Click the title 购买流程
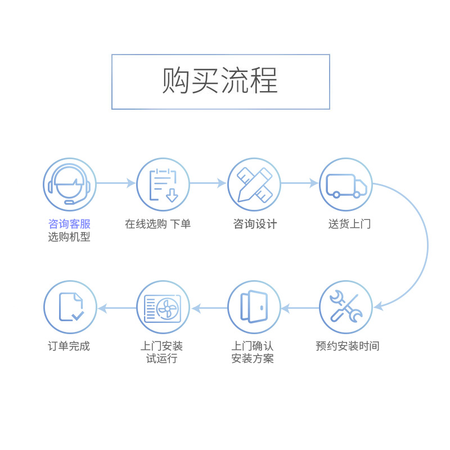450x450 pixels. [220, 82]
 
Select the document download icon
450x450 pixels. [163, 184]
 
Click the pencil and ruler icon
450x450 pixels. [254, 184]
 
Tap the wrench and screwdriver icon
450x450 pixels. [346, 307]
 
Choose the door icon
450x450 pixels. [254, 307]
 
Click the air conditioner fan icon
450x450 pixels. [163, 307]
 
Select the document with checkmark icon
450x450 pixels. [70, 307]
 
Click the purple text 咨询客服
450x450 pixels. [69, 224]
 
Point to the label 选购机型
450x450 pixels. [69, 237]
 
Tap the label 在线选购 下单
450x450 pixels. [158, 224]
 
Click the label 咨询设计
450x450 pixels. [255, 224]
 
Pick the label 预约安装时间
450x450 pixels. [348, 346]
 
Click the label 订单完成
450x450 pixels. [69, 346]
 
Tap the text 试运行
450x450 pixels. [161, 359]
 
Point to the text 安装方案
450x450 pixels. [253, 359]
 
